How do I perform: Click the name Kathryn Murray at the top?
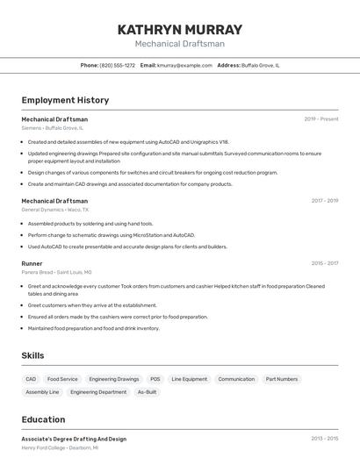(179, 29)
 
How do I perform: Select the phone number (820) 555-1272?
(117, 65)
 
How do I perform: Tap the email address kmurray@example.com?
(184, 65)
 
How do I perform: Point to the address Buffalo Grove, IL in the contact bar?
(260, 65)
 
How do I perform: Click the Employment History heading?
(65, 100)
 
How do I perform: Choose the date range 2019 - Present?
(320, 119)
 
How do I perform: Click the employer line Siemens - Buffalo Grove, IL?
(53, 128)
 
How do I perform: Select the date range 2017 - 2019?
(324, 201)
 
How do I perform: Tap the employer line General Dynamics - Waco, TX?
(54, 210)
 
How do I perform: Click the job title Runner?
(32, 263)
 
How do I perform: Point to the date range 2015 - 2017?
(324, 263)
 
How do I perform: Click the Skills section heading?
(33, 355)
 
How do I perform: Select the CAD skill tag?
(31, 379)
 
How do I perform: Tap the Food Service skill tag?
(62, 379)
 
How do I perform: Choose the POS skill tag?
(155, 379)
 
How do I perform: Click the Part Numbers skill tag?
(282, 379)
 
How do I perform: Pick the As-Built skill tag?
(147, 392)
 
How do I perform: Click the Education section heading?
(43, 419)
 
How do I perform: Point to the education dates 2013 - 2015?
(324, 439)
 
